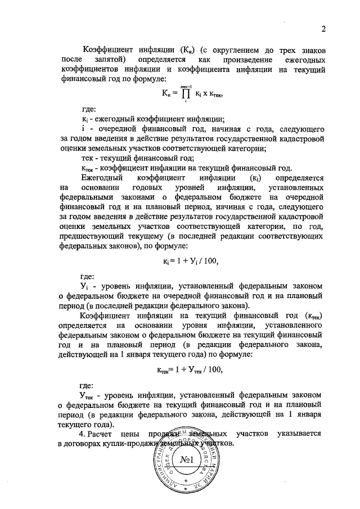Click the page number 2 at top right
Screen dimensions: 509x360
pos(324,30)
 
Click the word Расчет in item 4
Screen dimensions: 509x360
pos(105,434)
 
